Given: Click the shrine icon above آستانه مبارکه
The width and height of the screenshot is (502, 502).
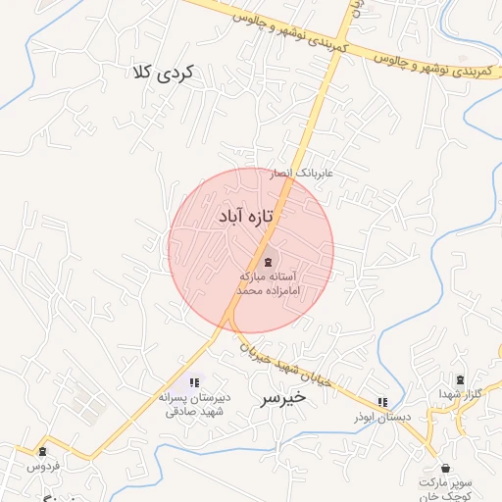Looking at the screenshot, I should click(x=269, y=262).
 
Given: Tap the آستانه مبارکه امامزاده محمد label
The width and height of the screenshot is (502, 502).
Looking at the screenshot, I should click(x=269, y=284).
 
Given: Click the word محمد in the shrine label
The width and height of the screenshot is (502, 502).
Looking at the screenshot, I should click(x=252, y=292).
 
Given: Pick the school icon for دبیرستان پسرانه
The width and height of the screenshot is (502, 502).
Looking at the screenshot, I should click(x=193, y=382).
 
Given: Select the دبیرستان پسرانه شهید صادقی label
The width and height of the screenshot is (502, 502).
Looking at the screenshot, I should click(x=193, y=406).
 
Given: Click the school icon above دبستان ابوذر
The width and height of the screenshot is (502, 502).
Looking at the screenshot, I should click(x=382, y=402).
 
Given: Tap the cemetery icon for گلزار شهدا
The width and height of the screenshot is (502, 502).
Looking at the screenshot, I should click(x=459, y=379).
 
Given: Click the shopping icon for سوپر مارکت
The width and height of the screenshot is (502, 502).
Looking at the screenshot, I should click(x=446, y=469).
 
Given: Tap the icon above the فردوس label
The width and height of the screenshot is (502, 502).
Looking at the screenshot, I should click(x=42, y=451).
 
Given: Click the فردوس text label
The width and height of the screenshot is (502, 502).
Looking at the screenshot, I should click(x=42, y=467).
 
